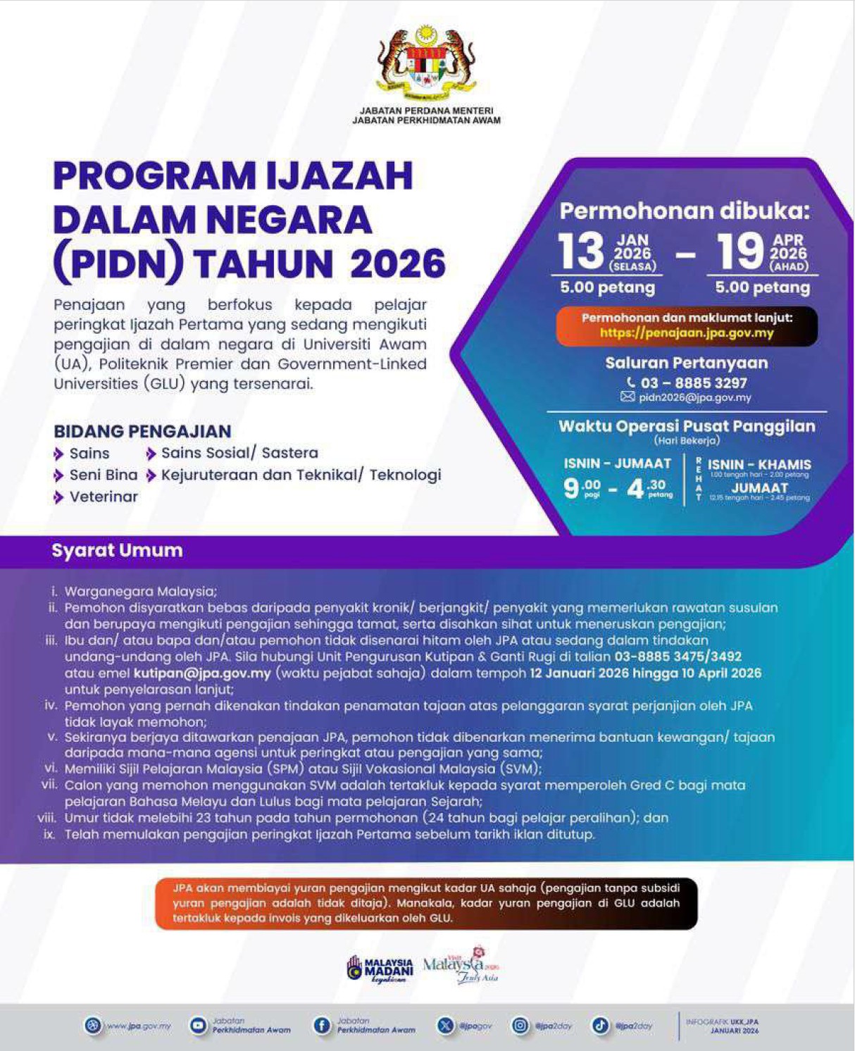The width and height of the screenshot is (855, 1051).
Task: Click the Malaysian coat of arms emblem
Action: coord(427,63)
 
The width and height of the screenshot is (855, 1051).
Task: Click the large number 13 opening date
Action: coord(581,251)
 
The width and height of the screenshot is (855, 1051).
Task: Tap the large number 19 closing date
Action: coord(740,251)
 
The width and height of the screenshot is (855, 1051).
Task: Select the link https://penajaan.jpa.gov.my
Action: coord(687,333)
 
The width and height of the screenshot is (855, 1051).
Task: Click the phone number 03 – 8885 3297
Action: coord(693,383)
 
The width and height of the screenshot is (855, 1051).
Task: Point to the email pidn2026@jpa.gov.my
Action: coord(694,397)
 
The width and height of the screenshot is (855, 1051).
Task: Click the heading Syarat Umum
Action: coord(117,550)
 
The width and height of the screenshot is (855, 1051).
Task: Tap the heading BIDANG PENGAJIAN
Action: coord(142,431)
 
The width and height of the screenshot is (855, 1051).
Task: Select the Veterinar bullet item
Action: coord(104,497)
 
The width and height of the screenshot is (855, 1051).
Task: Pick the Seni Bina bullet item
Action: coord(104,475)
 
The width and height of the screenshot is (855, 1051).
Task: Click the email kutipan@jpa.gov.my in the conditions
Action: coord(202,673)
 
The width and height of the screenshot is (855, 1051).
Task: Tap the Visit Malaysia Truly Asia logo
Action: coord(461,965)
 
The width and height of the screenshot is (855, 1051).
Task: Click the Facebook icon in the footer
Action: coord(322,1026)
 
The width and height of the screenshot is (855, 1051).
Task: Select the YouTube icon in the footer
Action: coord(199,1026)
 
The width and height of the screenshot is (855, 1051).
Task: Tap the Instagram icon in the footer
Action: coord(520,1026)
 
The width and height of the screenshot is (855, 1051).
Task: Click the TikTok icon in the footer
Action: coord(600,1026)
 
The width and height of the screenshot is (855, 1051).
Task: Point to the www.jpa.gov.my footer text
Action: coord(139,1026)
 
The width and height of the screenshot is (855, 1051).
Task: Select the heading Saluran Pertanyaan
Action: coord(687,363)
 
